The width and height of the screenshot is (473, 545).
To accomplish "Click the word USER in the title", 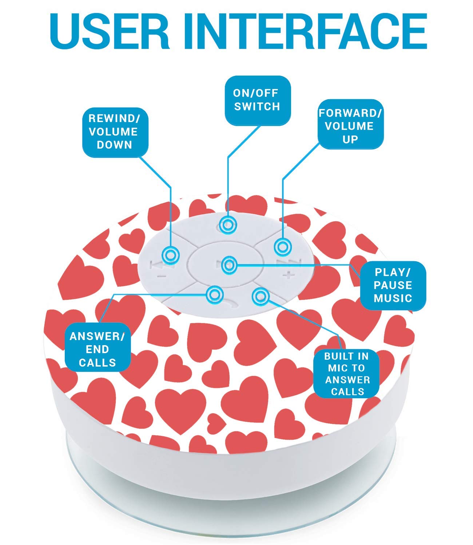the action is (110, 31).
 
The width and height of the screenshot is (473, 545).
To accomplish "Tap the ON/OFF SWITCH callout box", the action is (258, 100).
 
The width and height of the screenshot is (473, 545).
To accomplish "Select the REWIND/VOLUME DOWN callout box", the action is (115, 132).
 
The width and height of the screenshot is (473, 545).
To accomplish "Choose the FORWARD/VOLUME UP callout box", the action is (350, 124).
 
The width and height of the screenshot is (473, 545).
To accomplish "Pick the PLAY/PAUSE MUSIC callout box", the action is (393, 286).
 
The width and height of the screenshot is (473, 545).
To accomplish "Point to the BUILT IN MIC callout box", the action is (346, 374).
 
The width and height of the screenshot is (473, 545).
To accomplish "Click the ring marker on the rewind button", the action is (171, 255).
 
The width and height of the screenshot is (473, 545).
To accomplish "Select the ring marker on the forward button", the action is (283, 247).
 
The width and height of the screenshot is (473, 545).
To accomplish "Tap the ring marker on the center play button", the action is (229, 265).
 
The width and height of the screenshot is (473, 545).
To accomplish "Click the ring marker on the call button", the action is (215, 294).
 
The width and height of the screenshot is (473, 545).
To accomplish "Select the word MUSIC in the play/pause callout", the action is (393, 299).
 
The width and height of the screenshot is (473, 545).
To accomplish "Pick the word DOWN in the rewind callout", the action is (115, 145).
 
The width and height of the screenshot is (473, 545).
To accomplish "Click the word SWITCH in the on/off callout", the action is (257, 107).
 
